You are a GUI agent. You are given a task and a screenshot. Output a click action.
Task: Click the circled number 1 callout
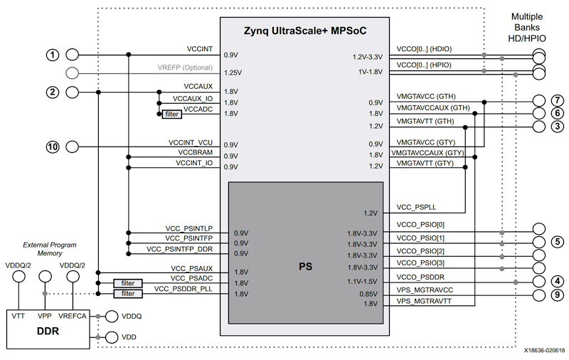click(x=51, y=55)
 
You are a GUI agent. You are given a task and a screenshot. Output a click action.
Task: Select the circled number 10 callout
click(x=51, y=147)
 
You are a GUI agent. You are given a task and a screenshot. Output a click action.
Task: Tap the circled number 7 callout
click(x=557, y=100)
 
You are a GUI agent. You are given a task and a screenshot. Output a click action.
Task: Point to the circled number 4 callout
click(x=557, y=282)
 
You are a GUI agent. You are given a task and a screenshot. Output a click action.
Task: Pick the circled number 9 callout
click(x=557, y=295)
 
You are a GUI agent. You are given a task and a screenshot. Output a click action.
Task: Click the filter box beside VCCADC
click(x=171, y=114)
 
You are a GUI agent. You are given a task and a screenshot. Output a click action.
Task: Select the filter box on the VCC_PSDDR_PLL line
click(x=128, y=293)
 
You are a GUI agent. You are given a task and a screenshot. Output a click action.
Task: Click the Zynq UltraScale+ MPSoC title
click(x=304, y=31)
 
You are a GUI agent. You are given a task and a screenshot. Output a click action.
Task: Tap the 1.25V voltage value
click(x=233, y=73)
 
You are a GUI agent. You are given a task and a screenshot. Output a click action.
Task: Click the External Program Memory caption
click(x=50, y=248)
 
